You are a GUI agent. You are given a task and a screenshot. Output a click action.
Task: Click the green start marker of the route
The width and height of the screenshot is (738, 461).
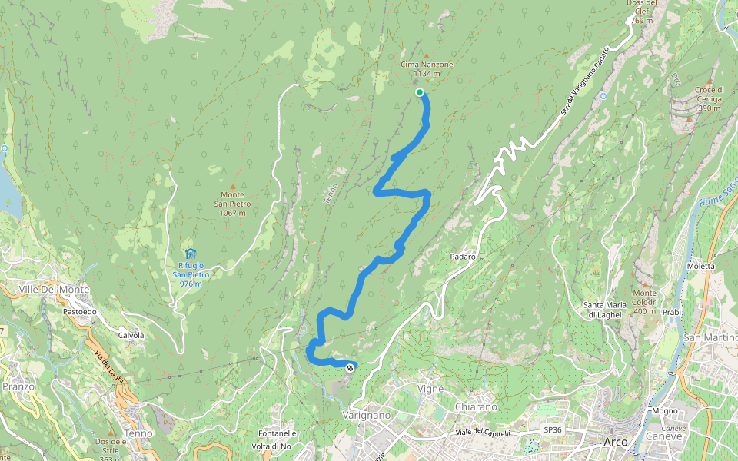pyautogui.click(x=420, y=92)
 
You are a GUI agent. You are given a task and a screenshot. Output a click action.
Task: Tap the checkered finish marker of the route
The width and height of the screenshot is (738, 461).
pyautogui.click(x=351, y=368)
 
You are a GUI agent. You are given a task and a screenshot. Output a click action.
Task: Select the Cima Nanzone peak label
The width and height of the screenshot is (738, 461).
pyautogui.click(x=427, y=69)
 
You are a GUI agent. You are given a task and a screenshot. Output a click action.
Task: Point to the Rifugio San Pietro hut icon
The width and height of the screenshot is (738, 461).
pyautogui.click(x=190, y=254)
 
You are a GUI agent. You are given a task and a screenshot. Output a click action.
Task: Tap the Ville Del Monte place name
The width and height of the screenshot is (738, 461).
pyautogui.click(x=54, y=289)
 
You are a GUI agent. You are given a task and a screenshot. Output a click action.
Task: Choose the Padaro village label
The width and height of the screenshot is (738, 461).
pyautogui.click(x=464, y=256)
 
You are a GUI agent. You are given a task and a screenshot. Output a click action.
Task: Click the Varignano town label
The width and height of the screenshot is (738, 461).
pyautogui.click(x=367, y=415)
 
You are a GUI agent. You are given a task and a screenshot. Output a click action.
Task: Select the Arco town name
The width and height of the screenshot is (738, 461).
pyautogui.click(x=616, y=442)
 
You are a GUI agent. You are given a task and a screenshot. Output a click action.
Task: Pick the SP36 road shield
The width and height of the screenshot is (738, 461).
pyautogui.click(x=553, y=429)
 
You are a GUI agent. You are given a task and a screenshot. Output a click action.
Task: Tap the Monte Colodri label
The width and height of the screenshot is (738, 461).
pyautogui.click(x=645, y=297)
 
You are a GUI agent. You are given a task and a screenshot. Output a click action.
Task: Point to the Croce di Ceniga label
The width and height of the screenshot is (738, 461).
pyautogui.click(x=708, y=98)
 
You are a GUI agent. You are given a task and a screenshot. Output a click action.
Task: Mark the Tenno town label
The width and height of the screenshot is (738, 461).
pyautogui.click(x=138, y=433)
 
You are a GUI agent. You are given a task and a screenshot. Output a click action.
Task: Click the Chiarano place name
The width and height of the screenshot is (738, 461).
pyautogui.click(x=477, y=406)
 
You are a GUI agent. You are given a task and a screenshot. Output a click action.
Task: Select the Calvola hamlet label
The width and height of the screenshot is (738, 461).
pyautogui.click(x=131, y=335)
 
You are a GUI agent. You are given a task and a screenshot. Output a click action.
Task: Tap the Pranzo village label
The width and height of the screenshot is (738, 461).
pyautogui.click(x=18, y=386)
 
